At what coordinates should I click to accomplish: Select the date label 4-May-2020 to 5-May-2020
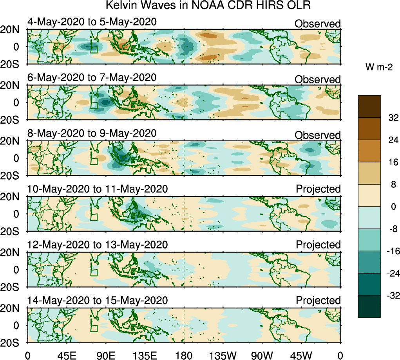[x=92, y=22]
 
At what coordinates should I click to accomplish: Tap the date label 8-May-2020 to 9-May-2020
[x=92, y=133]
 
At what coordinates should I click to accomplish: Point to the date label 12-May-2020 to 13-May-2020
[x=98, y=245]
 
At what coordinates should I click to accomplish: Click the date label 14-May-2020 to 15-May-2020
[x=98, y=301]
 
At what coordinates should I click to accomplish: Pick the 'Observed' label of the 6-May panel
[x=318, y=79]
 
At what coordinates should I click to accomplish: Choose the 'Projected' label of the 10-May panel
[x=318, y=189]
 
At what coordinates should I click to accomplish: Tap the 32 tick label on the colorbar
[x=392, y=118]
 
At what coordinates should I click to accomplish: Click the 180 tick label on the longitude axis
[x=184, y=355]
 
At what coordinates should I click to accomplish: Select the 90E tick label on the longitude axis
[x=105, y=355]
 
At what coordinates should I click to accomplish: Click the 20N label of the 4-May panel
[x=13, y=30]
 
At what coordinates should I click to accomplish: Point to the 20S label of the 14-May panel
[x=13, y=342]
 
